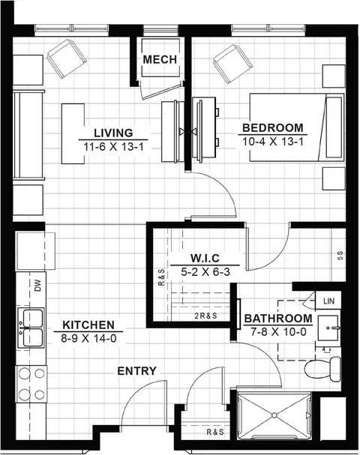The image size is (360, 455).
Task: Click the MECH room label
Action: [160, 59]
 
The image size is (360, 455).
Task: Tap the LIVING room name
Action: [113, 133]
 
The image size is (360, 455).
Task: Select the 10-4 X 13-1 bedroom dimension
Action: [272, 142]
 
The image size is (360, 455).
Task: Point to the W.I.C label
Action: [205, 258]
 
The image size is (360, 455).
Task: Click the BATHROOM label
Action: [278, 319]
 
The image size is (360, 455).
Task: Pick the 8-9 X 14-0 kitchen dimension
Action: [88, 338]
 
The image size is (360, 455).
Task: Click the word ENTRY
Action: [137, 371]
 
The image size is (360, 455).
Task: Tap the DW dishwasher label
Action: [37, 286]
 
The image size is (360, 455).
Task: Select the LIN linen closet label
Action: [328, 301]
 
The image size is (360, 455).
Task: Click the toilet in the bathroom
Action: [322, 369]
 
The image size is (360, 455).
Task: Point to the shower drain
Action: [274, 415]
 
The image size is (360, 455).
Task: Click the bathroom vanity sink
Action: [328, 328]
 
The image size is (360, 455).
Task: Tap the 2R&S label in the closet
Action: [205, 316]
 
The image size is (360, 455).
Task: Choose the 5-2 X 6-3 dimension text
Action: [205, 272]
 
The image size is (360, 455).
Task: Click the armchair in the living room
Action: [67, 58]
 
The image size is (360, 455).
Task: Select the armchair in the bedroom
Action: [232, 64]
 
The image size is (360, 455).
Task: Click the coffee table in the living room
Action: [73, 133]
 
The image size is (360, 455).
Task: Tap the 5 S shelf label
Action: [340, 256]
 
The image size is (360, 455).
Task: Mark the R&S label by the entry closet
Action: [215, 432]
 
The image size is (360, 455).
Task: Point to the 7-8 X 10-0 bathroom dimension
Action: [279, 331]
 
